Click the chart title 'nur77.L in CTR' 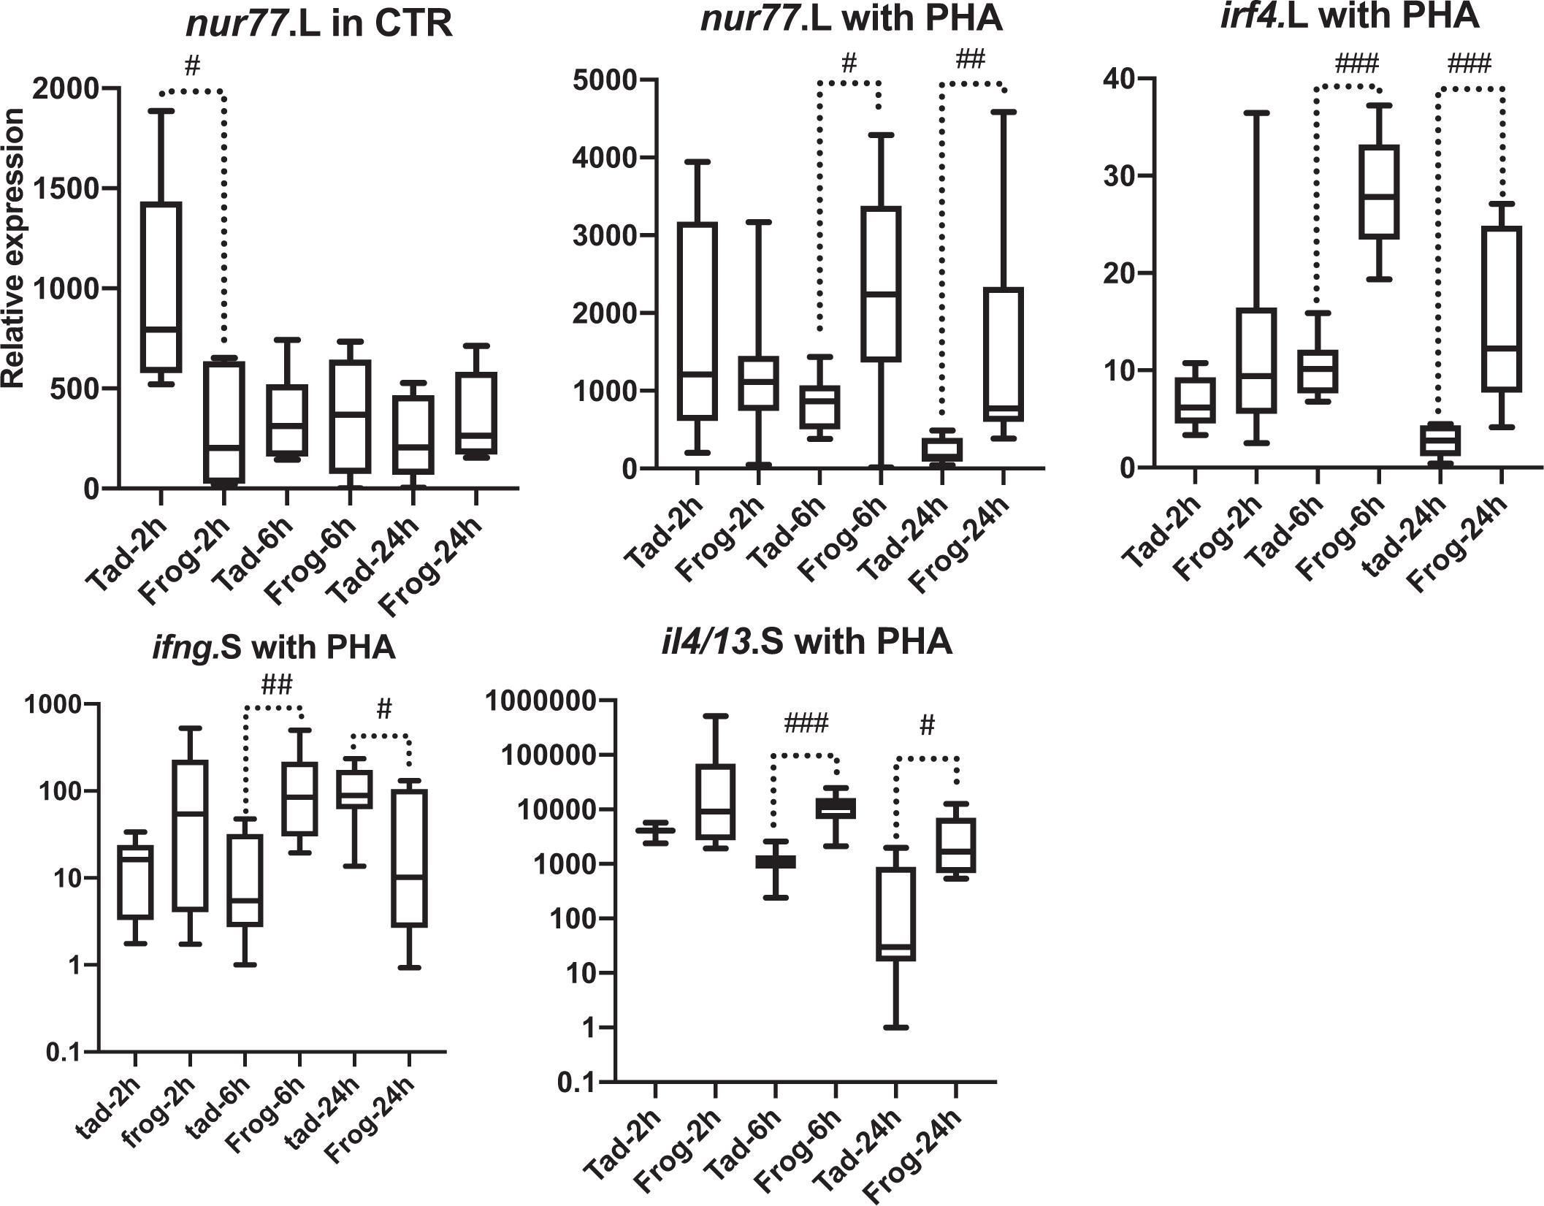pyautogui.click(x=318, y=24)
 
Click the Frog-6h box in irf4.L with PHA pyautogui.click(x=1378, y=192)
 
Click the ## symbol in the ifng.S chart pyautogui.click(x=277, y=684)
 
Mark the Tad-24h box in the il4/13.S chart pyautogui.click(x=895, y=914)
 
